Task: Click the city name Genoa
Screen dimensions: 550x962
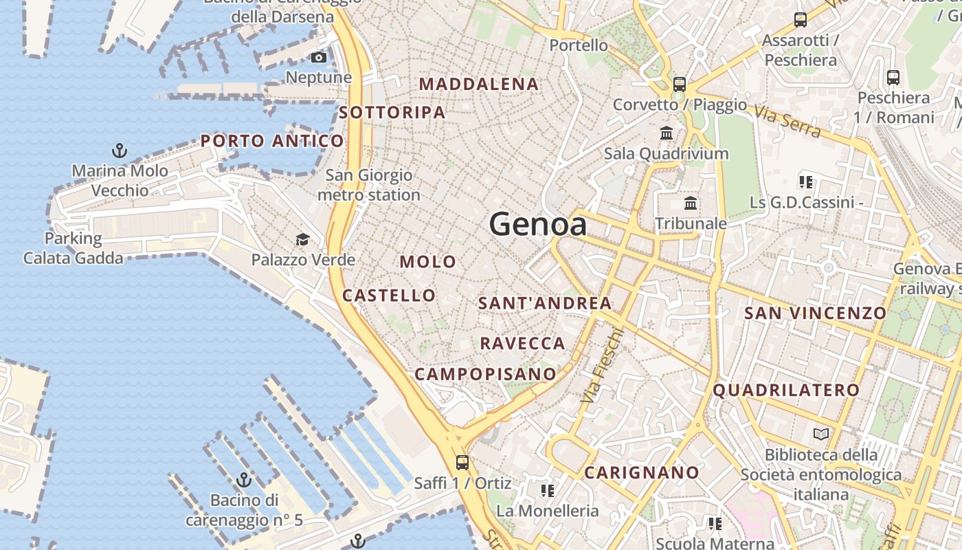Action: click(x=538, y=225)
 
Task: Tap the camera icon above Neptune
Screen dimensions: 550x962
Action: click(x=319, y=58)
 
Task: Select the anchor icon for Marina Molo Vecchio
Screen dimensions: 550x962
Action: click(x=120, y=150)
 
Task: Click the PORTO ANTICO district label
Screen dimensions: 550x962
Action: click(x=272, y=141)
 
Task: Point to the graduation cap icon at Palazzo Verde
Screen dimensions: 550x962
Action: click(x=302, y=240)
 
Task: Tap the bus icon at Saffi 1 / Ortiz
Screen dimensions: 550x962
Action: click(x=462, y=462)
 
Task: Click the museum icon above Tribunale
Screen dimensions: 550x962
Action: click(x=691, y=203)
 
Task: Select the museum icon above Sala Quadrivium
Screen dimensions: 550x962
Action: click(x=666, y=133)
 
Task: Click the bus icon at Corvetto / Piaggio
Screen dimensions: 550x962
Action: click(x=680, y=85)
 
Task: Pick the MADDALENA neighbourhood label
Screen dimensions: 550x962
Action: click(x=479, y=85)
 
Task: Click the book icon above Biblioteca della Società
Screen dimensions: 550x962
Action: click(x=820, y=434)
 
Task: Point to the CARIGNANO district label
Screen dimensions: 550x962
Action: click(x=642, y=473)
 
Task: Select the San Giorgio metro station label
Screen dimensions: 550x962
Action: click(x=368, y=186)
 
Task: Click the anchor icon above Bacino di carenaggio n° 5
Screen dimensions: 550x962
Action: click(x=243, y=479)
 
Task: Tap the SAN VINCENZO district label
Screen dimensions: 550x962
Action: click(x=816, y=313)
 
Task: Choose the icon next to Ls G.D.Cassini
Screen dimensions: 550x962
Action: click(x=806, y=182)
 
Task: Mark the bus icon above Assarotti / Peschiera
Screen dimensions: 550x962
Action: click(x=801, y=20)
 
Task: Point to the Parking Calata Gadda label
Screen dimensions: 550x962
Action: click(x=73, y=248)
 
